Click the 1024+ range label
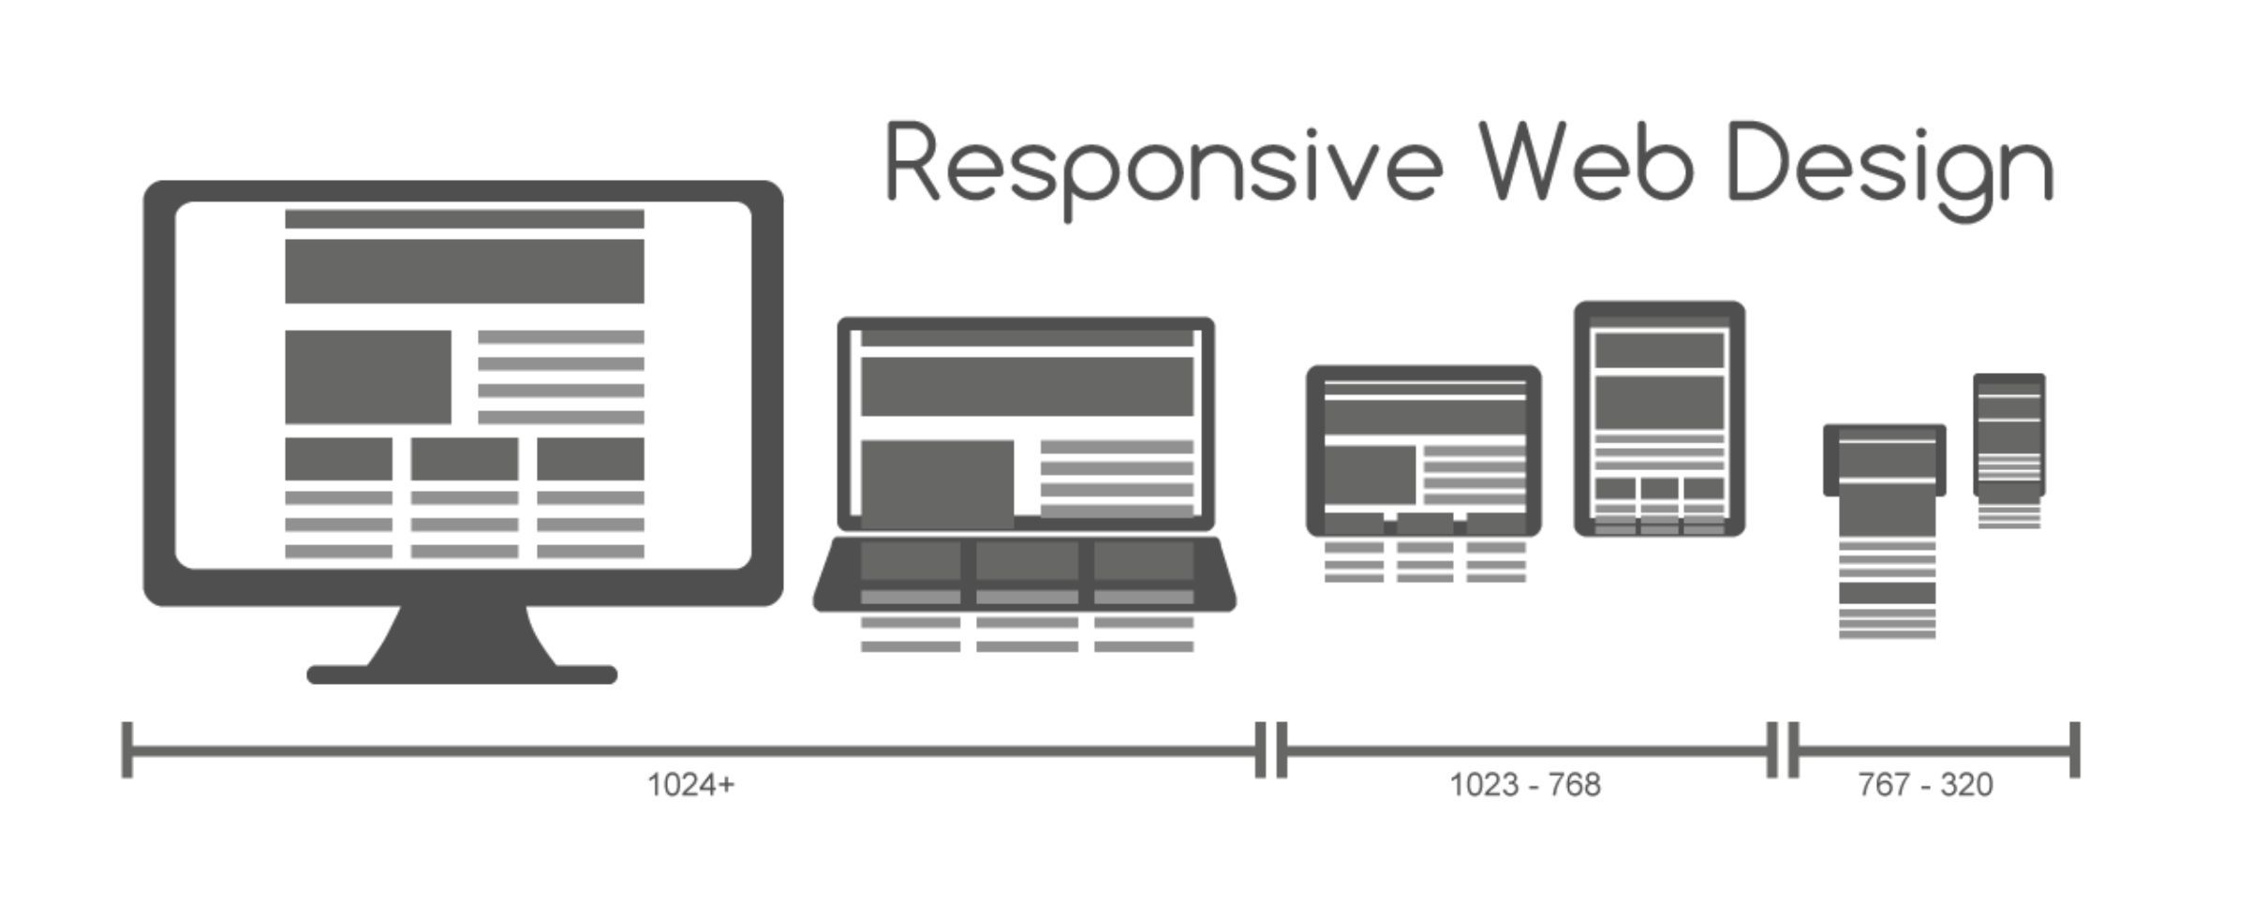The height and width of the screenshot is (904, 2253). tap(691, 784)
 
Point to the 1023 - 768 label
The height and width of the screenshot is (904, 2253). tap(1525, 784)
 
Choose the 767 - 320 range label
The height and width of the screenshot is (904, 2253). tap(1925, 784)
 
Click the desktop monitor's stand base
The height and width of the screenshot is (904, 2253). tap(462, 674)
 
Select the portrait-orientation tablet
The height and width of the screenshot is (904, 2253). tap(1659, 418)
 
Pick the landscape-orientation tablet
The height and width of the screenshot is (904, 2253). tap(1424, 450)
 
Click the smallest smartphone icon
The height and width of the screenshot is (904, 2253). tap(2009, 435)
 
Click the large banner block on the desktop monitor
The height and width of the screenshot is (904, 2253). tap(465, 271)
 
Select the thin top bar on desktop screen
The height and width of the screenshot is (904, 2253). tap(465, 219)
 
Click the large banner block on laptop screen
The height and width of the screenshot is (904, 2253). tap(1027, 386)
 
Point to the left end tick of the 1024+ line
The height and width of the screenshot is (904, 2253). tap(127, 749)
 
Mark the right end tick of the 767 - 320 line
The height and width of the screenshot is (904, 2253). tap(2075, 749)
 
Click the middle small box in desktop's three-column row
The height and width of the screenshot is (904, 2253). tap(465, 459)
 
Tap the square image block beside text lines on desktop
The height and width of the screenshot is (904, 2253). tap(368, 377)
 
